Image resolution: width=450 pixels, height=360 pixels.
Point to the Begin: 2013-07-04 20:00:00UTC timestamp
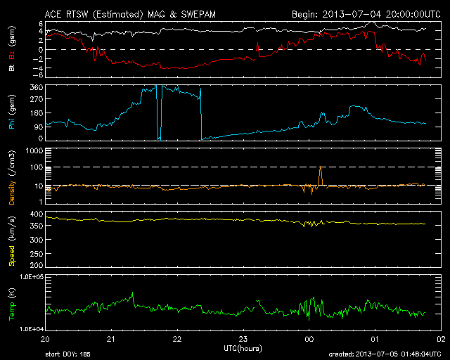[x=358, y=13]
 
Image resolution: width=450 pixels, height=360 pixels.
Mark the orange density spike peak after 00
[x=321, y=167]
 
